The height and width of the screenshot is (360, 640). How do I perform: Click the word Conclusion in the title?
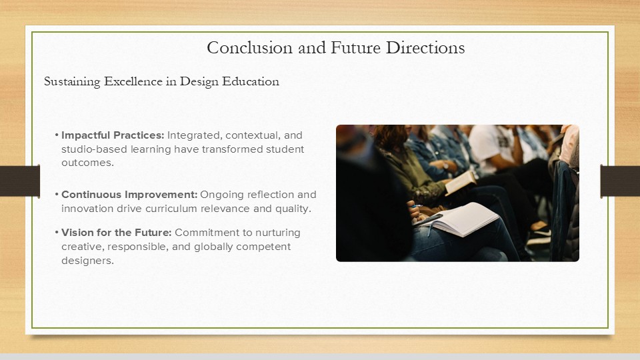click(x=250, y=48)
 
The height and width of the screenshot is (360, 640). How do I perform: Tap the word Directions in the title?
click(x=425, y=48)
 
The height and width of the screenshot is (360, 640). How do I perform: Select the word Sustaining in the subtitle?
click(x=72, y=81)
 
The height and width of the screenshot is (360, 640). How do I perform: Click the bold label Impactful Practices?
click(x=113, y=135)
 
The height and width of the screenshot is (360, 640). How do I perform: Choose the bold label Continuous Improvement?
click(x=129, y=194)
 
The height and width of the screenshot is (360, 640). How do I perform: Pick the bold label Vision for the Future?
click(x=116, y=233)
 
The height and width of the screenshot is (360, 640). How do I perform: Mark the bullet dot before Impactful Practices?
click(x=57, y=135)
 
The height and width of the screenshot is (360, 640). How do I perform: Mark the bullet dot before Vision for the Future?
click(x=57, y=233)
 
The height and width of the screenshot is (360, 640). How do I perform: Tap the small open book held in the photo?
click(x=461, y=183)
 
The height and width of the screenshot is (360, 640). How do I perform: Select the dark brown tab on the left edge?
click(x=20, y=181)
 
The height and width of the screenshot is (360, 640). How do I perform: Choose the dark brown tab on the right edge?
click(x=620, y=181)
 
